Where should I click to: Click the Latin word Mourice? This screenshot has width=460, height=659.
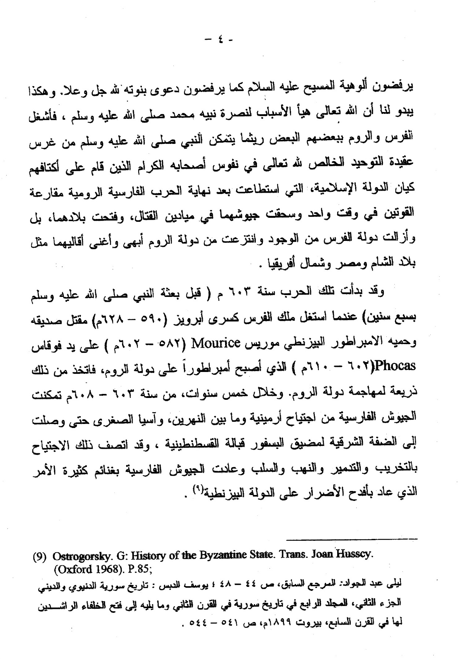coord(216,343)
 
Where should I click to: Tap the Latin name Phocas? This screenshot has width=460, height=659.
coord(397,366)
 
